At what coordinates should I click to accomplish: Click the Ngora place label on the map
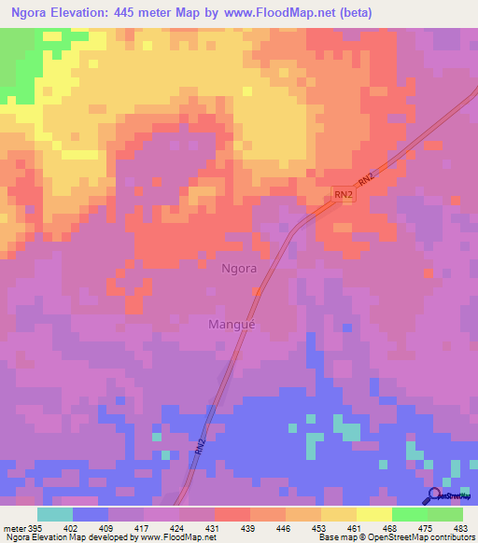[238, 268]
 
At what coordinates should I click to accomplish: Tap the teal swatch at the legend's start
[54, 514]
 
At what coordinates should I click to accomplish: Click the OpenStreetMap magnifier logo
[435, 494]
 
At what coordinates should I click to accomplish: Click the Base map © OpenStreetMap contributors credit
[396, 538]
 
